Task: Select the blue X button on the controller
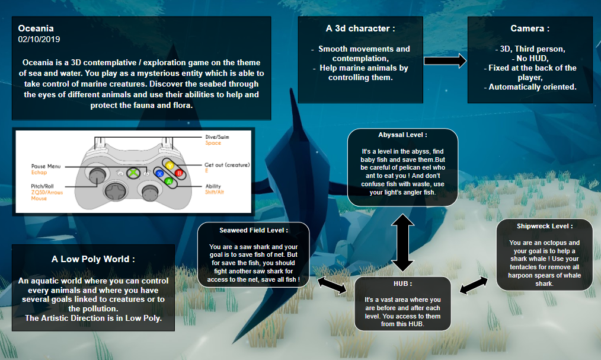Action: [x=160, y=173]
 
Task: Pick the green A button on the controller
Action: [x=168, y=180]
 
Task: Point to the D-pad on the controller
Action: [x=113, y=191]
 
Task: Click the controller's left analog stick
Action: [x=95, y=173]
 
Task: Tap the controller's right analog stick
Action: [x=147, y=190]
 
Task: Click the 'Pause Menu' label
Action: [x=46, y=167]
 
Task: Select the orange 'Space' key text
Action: [x=213, y=144]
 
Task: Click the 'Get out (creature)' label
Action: [x=227, y=164]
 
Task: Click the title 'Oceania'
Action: [x=36, y=28]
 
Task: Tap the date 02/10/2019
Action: [x=39, y=39]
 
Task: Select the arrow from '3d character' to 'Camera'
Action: [x=445, y=60]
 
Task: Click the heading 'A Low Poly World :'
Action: [x=93, y=259]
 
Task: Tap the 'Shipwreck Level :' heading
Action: [x=544, y=226]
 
